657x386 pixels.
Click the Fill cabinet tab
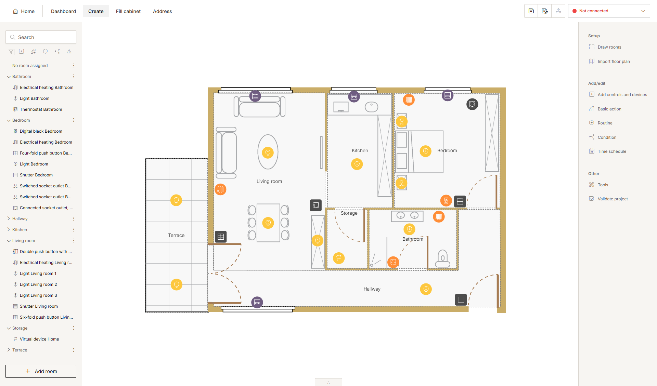point(128,11)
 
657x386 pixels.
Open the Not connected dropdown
point(609,11)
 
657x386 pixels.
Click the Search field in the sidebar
point(41,37)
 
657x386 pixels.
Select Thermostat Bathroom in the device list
point(41,109)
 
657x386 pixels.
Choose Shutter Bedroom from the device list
point(36,175)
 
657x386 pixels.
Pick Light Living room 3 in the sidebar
point(38,295)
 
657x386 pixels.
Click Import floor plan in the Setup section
point(614,62)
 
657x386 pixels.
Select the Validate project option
point(613,199)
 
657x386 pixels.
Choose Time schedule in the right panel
point(612,151)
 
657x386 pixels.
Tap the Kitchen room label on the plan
point(360,150)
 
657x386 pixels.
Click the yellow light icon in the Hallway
point(426,289)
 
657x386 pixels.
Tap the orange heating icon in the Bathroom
point(439,217)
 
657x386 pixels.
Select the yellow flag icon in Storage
point(339,258)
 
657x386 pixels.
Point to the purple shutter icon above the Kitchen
point(354,96)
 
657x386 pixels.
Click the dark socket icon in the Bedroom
point(472,104)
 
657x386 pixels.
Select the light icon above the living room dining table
point(268,223)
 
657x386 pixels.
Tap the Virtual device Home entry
point(39,339)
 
